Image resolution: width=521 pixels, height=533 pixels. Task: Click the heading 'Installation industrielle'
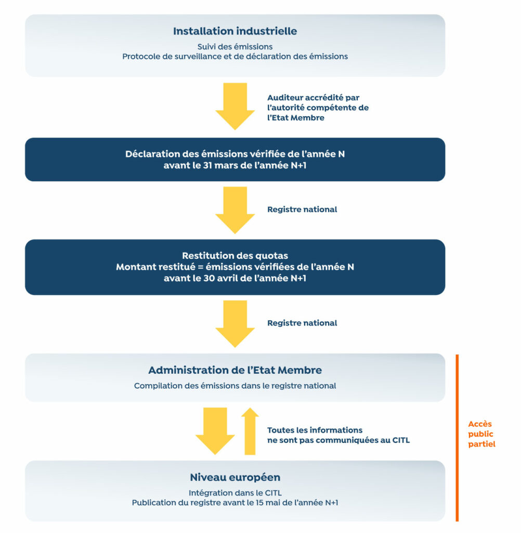point(235,31)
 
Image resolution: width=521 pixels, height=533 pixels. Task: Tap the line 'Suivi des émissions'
point(235,46)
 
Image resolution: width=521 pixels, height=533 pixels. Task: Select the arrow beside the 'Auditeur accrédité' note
point(235,106)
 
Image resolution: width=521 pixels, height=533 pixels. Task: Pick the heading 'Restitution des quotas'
point(235,256)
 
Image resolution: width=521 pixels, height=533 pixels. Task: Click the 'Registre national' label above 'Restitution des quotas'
point(302,209)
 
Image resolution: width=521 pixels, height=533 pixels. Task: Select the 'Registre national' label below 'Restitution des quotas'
point(302,323)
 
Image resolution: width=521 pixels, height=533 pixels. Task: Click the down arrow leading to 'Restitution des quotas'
point(235,210)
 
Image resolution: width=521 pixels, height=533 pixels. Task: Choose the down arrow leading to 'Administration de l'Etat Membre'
point(235,324)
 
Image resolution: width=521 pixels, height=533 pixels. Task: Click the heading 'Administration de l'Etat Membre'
point(235,370)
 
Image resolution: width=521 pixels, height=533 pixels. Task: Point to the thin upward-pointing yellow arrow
point(250,431)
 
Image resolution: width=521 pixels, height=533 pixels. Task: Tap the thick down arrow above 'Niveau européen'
point(215,431)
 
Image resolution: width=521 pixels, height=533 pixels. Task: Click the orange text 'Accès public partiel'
point(481,434)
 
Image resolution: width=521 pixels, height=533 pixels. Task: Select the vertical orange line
point(457,438)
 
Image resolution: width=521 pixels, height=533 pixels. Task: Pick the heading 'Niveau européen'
point(235,477)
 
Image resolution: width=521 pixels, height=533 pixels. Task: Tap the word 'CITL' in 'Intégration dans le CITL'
point(273,493)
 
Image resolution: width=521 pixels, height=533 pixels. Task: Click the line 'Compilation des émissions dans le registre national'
point(235,386)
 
